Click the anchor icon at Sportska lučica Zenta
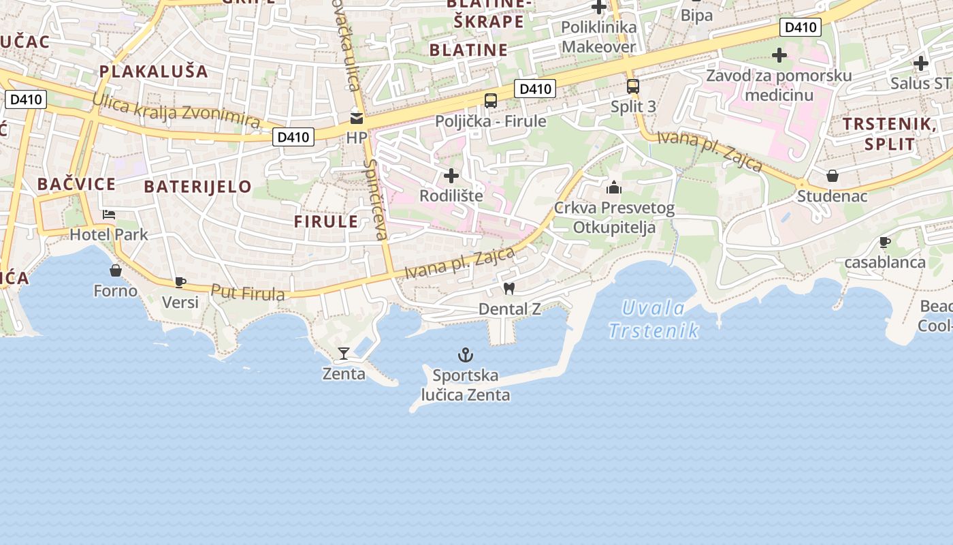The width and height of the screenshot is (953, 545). tap(466, 355)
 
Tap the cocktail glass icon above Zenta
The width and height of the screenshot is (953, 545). tap(344, 353)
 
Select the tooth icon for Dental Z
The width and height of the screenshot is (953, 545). tap(508, 288)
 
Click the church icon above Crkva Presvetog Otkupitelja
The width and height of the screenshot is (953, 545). tap(614, 187)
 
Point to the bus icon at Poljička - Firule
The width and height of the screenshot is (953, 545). tap(490, 101)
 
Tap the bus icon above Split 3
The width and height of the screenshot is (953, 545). tap(633, 87)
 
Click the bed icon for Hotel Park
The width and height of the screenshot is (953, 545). tap(109, 215)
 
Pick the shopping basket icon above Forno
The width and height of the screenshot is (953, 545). tap(116, 270)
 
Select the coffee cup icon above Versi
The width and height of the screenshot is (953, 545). tap(180, 282)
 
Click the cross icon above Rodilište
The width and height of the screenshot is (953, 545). tap(451, 176)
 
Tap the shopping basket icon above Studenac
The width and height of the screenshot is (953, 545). tap(832, 176)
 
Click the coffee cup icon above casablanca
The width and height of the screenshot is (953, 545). tap(885, 242)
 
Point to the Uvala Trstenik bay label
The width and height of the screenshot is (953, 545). tap(654, 320)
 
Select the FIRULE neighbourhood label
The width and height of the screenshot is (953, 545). tap(326, 221)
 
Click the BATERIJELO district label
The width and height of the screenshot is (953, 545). tap(198, 187)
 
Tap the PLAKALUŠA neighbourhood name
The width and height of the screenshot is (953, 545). tap(153, 71)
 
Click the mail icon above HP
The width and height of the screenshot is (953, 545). tap(356, 118)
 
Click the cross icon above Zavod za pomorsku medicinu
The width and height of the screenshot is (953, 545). tap(779, 55)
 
